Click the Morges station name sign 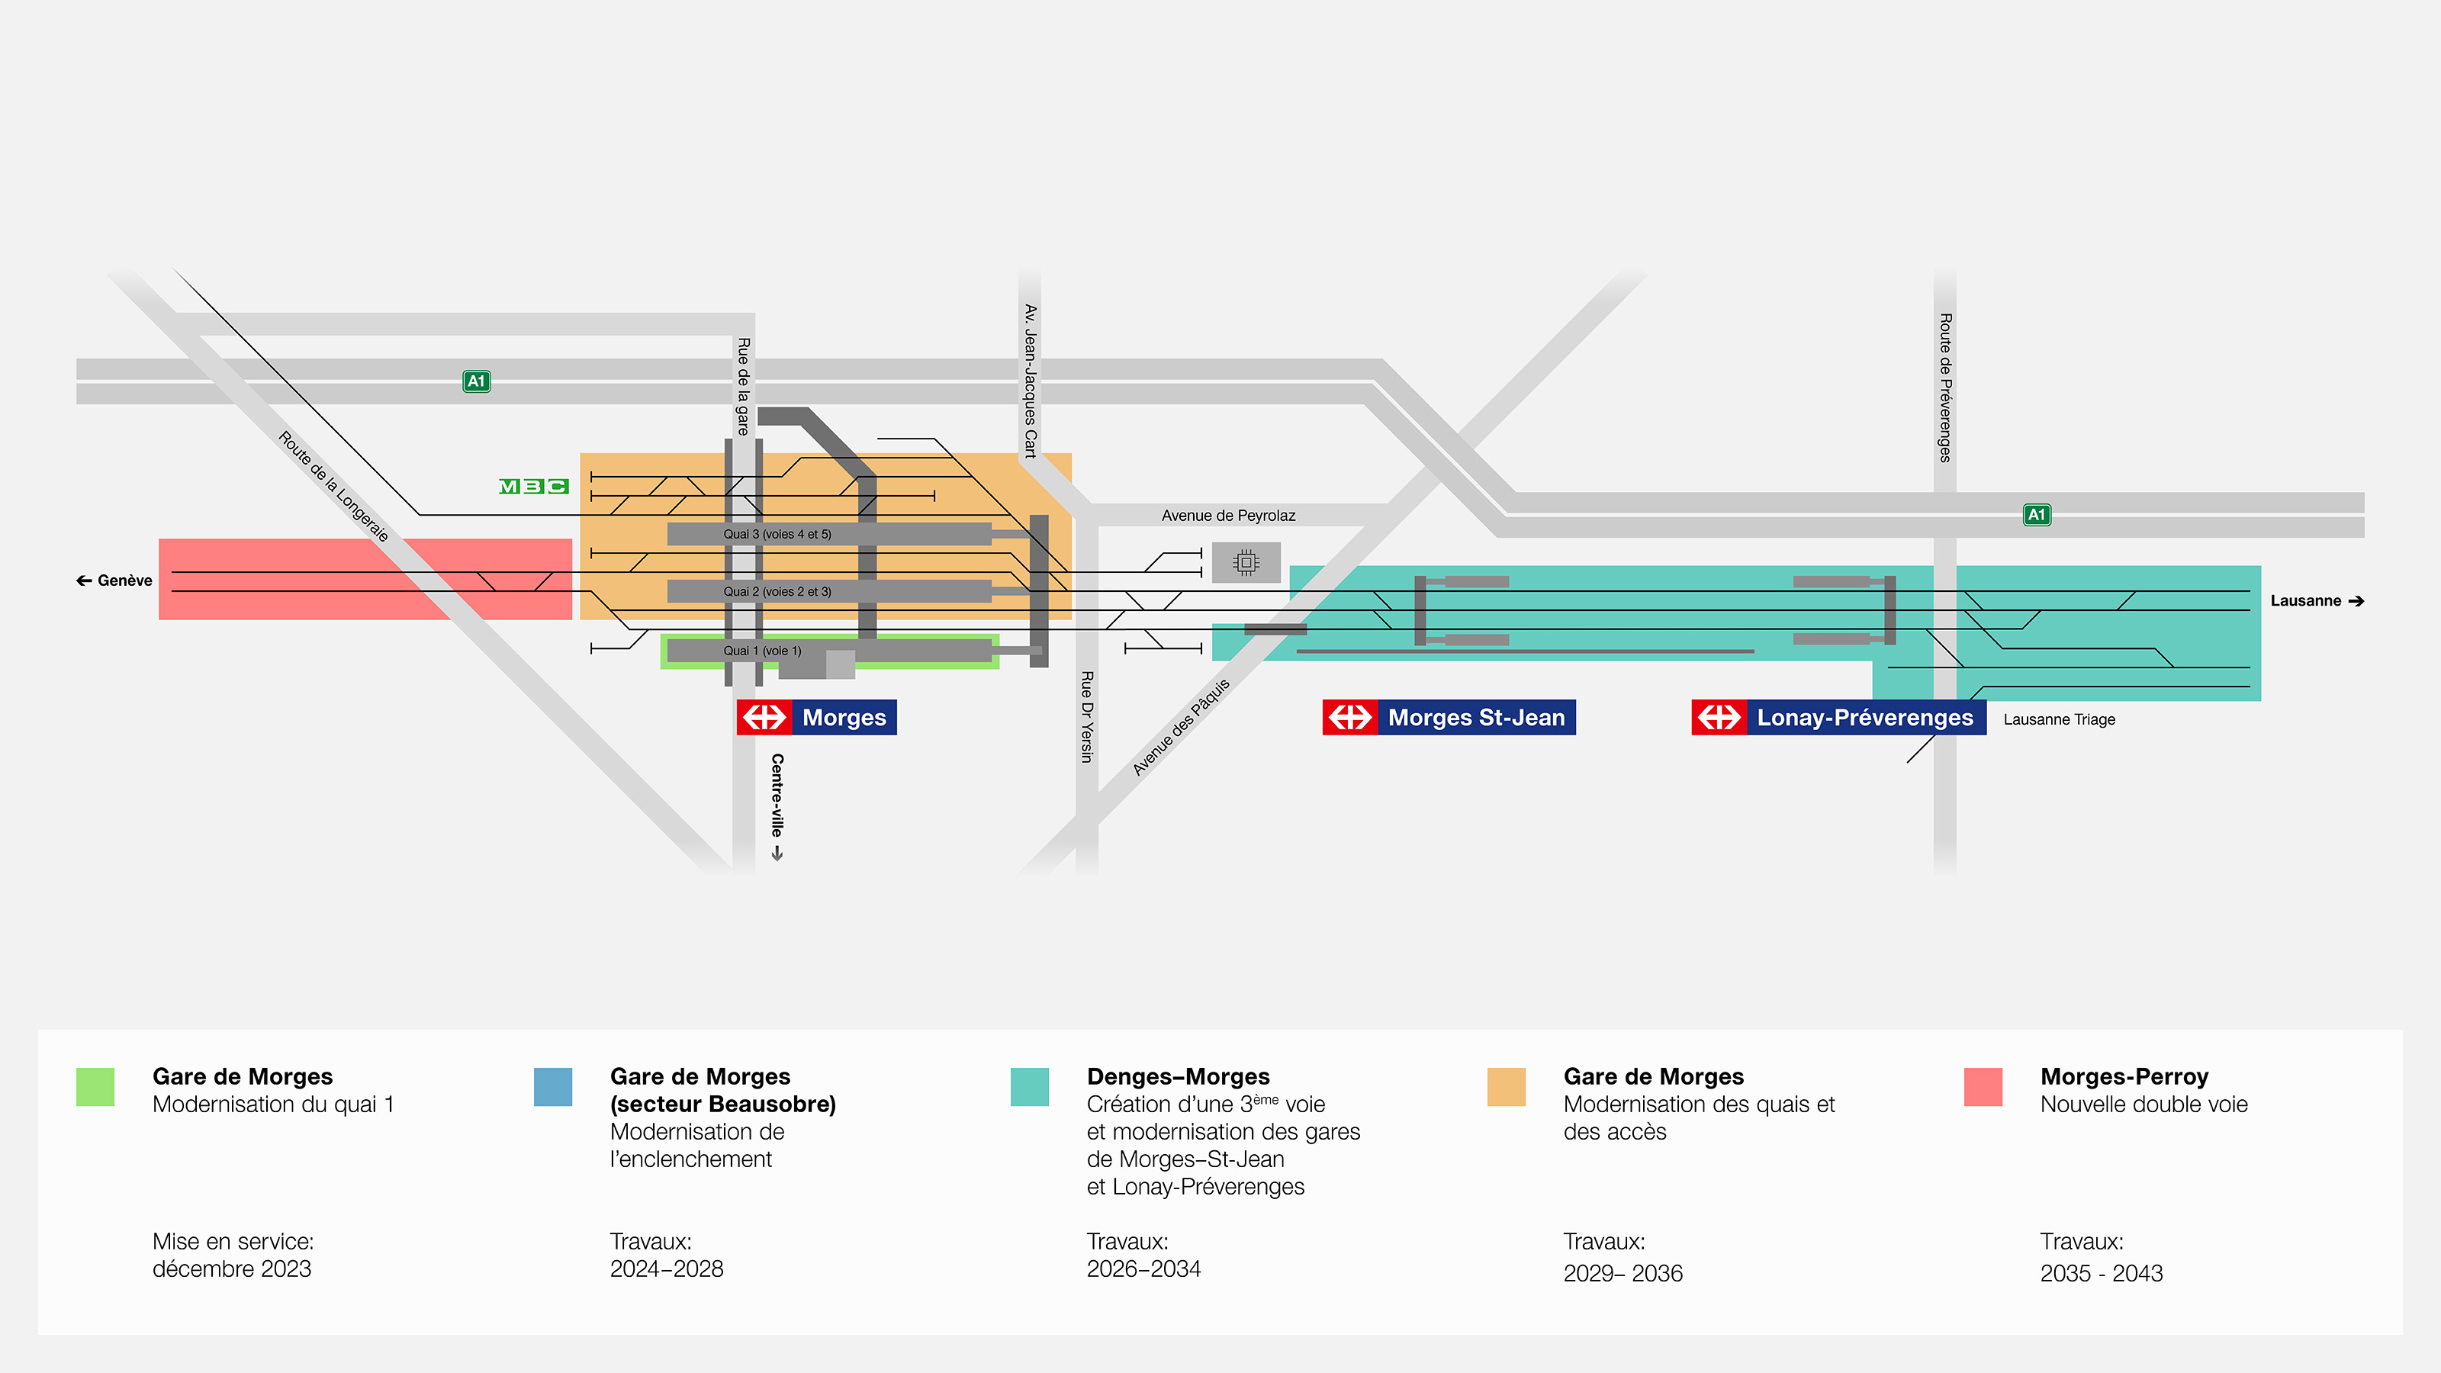(816, 717)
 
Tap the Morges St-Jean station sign (1448, 717)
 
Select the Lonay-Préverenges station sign (1838, 717)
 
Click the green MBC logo (533, 486)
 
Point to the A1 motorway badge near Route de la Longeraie (476, 381)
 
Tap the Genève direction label (114, 580)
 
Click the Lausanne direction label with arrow (2316, 601)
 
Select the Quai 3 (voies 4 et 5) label (777, 535)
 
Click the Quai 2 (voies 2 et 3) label (777, 591)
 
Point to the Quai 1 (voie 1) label (762, 651)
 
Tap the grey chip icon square (1246, 563)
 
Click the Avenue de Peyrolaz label (1228, 516)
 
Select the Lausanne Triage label (2058, 719)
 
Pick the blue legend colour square (552, 1087)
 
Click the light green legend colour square (95, 1087)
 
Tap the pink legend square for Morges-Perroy (1983, 1087)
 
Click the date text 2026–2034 (1143, 1268)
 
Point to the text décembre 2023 (231, 1268)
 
